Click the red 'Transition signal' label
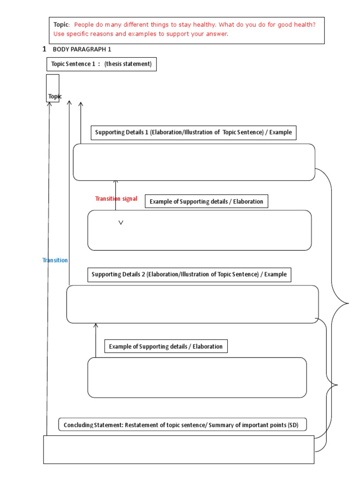[116, 199]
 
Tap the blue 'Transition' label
[55, 260]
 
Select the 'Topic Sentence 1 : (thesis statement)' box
[101, 64]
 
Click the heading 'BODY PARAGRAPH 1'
[82, 49]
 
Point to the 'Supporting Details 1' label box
[193, 132]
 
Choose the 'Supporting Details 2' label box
[189, 274]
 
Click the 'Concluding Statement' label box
[183, 425]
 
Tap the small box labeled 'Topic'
[53, 88]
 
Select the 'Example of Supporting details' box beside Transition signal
[206, 202]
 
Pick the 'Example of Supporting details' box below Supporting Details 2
[165, 346]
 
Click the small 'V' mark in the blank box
[121, 223]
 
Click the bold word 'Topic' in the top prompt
[61, 24]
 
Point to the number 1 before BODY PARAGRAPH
[45, 49]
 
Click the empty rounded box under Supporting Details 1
[194, 162]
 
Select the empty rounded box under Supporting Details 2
[192, 304]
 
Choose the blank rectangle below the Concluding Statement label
[179, 450]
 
